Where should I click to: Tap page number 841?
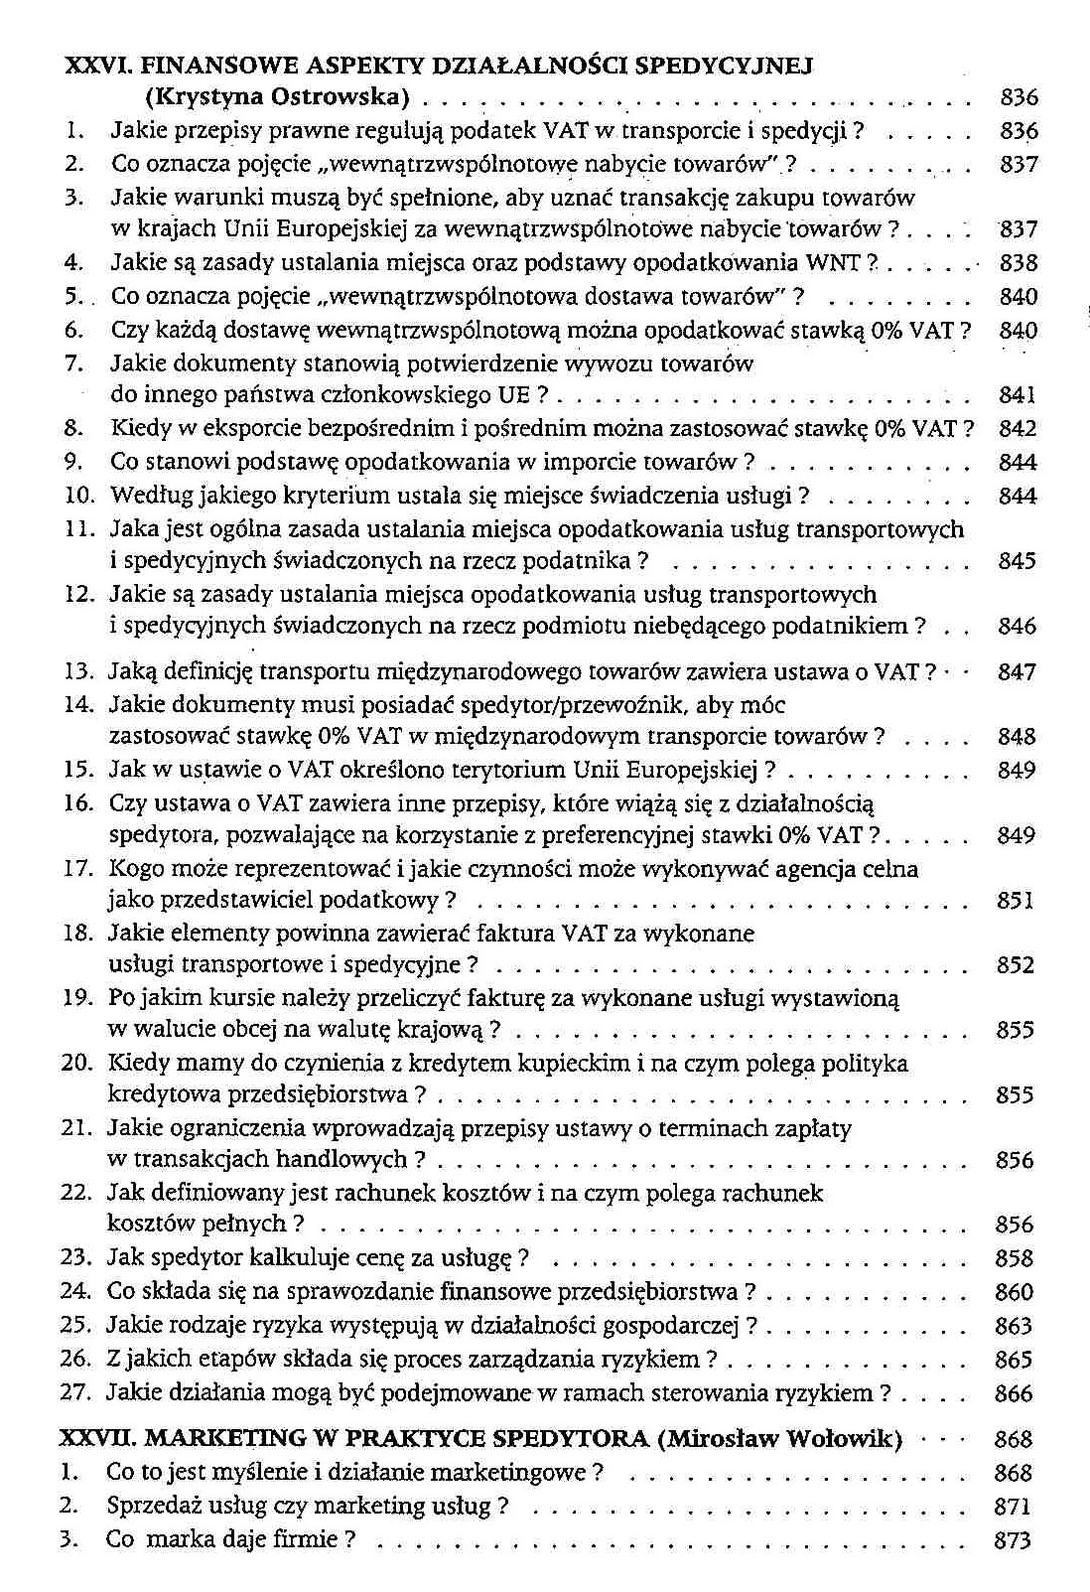(x=1018, y=395)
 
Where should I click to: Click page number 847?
(x=1017, y=671)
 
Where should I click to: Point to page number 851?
(x=1016, y=901)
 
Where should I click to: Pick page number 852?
(x=1016, y=965)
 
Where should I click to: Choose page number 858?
(x=1015, y=1258)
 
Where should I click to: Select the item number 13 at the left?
(x=77, y=671)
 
